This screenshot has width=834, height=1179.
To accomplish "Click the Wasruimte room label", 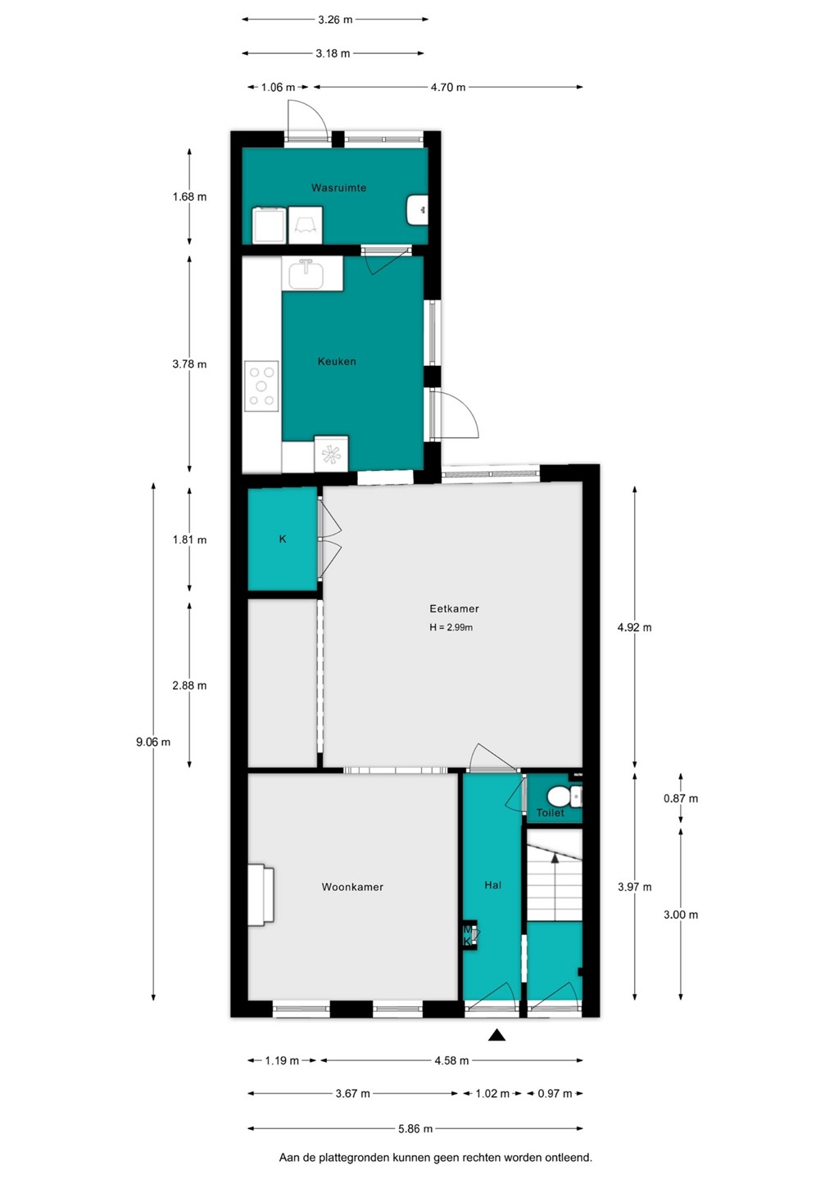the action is point(338,187).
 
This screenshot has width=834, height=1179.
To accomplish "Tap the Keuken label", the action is point(337,361).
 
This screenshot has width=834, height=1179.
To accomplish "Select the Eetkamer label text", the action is point(454,608).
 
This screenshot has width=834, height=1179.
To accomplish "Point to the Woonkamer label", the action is point(352,887).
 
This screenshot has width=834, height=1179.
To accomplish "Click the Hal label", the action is point(493,885).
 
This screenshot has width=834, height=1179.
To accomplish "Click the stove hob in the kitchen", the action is point(261,386).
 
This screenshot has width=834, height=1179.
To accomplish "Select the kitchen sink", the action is point(306,273).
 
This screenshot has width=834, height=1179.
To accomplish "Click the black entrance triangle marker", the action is point(496,1035).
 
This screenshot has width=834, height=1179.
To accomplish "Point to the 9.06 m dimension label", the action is point(153,742).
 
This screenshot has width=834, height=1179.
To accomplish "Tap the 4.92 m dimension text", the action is point(634,627).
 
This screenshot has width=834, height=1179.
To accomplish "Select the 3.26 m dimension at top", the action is point(335,20).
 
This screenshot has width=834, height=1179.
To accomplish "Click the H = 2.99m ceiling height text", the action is point(451,627).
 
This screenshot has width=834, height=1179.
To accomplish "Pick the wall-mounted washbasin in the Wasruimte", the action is point(418,210).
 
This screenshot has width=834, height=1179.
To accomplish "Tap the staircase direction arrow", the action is point(555,887).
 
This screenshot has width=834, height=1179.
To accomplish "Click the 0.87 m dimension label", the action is point(681,798).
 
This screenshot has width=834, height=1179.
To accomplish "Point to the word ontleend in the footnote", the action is point(568,1158).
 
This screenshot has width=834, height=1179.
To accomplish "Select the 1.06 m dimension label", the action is point(278,88).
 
